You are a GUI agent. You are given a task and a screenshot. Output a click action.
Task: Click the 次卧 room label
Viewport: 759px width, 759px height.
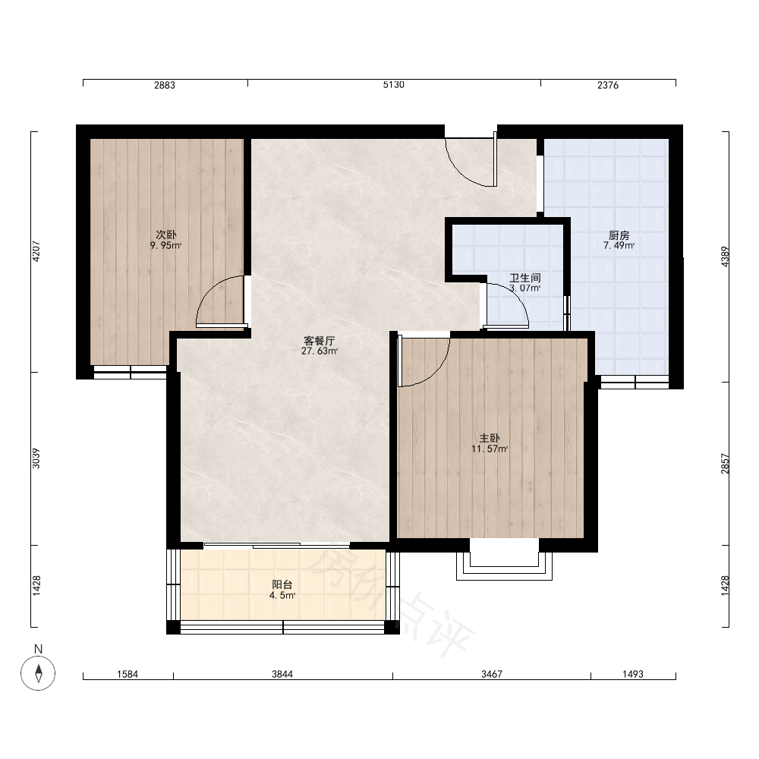point(166,235)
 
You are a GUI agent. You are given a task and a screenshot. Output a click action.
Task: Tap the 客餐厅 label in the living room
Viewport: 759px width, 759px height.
point(319,341)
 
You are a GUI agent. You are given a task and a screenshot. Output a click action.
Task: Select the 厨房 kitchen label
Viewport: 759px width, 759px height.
point(619,235)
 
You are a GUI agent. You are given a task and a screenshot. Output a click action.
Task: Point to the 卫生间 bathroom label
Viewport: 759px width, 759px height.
point(524,278)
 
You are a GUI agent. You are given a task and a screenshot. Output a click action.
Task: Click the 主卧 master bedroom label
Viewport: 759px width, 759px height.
point(490,438)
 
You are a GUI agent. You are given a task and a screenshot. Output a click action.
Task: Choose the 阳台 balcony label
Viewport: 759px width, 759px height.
point(282,584)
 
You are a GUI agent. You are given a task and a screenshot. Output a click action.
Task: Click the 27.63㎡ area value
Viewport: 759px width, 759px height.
point(320,351)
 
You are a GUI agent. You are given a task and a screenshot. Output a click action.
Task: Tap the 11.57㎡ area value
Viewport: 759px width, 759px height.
point(490,449)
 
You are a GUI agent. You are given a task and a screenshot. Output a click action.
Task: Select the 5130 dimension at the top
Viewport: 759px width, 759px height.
point(393,85)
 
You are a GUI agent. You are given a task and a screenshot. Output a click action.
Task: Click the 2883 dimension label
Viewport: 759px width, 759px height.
point(165,85)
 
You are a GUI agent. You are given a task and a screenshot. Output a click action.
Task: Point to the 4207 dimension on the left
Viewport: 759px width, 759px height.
point(36,251)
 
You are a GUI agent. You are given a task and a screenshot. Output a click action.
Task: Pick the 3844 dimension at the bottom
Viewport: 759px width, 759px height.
point(282,674)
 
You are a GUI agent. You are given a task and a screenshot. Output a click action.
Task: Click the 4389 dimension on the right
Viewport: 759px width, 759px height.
point(725,257)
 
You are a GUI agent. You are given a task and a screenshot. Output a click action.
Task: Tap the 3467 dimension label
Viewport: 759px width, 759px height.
point(492,674)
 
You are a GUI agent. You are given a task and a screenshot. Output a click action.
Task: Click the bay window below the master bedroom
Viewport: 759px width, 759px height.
point(505,566)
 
